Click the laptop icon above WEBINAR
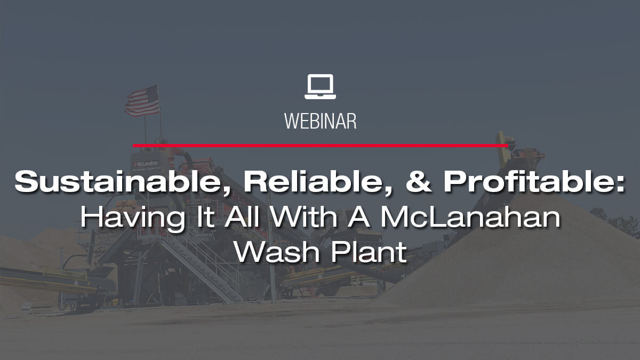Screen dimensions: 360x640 pyautogui.click(x=320, y=86)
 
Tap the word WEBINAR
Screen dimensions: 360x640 pyautogui.click(x=320, y=121)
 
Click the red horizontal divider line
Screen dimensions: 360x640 pyautogui.click(x=320, y=145)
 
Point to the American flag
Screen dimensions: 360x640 pyautogui.click(x=142, y=100)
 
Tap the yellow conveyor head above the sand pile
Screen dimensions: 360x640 pyautogui.click(x=504, y=142)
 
